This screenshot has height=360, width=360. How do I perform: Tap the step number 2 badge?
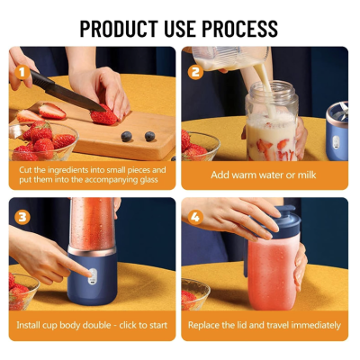tap(194, 71)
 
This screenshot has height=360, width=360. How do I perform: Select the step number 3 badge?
tap(22, 217)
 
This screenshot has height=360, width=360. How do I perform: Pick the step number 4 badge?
tap(194, 217)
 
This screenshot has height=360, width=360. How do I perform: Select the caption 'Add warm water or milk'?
tap(265, 175)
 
